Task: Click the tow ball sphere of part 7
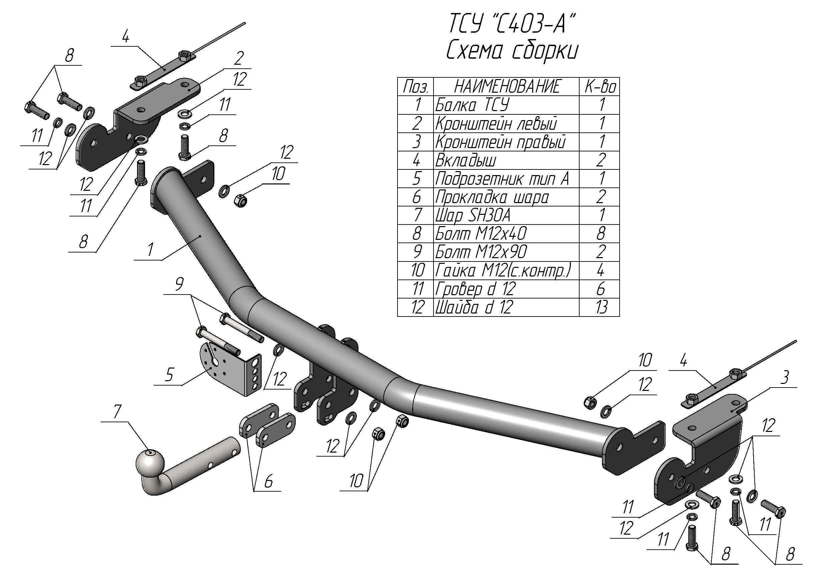[150, 462]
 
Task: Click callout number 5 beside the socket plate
[169, 375]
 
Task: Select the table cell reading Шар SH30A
[473, 215]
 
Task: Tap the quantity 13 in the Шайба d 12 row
[601, 307]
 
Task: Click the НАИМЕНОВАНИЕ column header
[507, 87]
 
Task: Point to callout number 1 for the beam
[150, 249]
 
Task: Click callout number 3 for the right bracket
[785, 378]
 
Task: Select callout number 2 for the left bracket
[238, 58]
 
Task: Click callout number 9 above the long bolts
[179, 284]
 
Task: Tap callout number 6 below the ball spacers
[268, 482]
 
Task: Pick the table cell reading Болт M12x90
[481, 252]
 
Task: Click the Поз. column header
[416, 87]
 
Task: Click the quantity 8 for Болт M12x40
[601, 234]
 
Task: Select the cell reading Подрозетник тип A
[502, 179]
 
